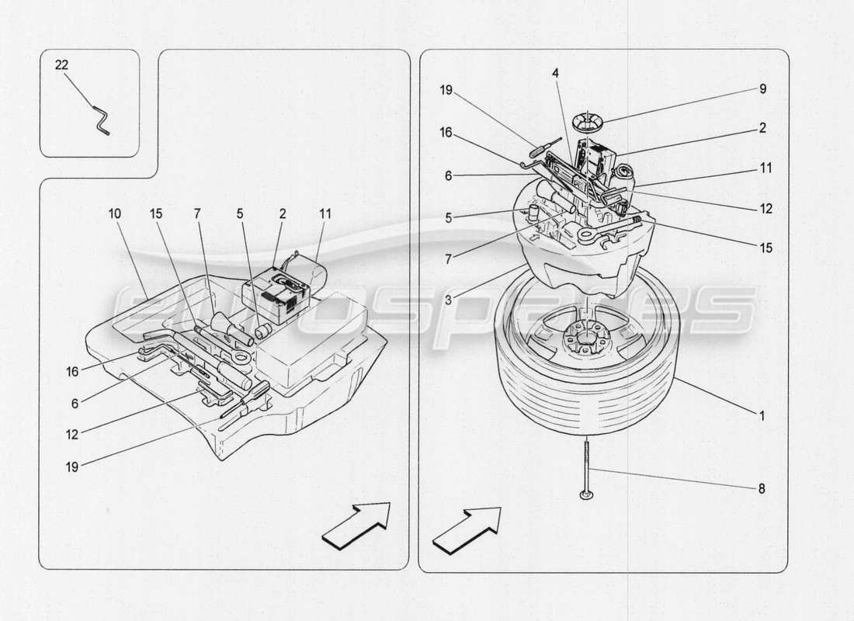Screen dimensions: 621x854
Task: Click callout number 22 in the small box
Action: pos(61,65)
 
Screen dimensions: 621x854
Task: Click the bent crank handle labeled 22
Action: pos(101,120)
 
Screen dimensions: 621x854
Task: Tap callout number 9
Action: pos(762,88)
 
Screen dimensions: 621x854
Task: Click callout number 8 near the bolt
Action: pos(762,488)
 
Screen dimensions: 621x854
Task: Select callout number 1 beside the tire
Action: pos(762,415)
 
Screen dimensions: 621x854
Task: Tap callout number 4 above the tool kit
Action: pos(556,72)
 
